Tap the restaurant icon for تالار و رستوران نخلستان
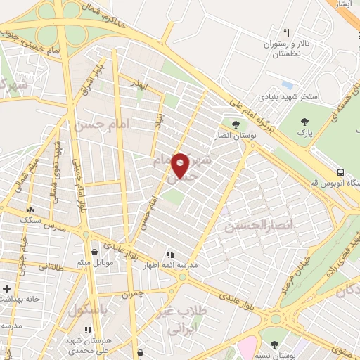pos(286,32)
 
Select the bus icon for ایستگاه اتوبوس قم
pos(340,172)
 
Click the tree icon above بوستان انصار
pos(236,125)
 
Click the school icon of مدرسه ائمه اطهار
pos(169,254)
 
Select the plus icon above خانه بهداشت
pos(6,288)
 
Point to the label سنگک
pos(30,220)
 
